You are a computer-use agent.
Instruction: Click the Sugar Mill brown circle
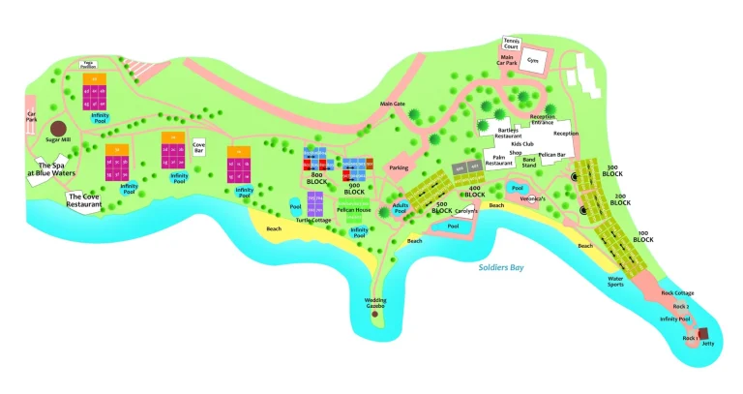[58, 129]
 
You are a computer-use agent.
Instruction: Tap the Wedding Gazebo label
[375, 303]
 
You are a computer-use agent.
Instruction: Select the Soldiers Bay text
[501, 267]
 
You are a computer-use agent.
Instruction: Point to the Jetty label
[707, 343]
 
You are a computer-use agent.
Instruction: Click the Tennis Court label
[512, 43]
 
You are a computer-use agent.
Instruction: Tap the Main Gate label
[392, 103]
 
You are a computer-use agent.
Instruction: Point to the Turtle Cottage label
[313, 220]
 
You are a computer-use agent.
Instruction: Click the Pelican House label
[354, 210]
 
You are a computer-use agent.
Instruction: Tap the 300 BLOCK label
[612, 168]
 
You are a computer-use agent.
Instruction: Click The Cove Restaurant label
[84, 201]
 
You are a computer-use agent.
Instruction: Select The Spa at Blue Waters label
[45, 169]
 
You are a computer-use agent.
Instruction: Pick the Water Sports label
[615, 282]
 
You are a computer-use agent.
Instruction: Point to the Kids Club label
[522, 144]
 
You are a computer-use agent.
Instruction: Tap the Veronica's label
[533, 198]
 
